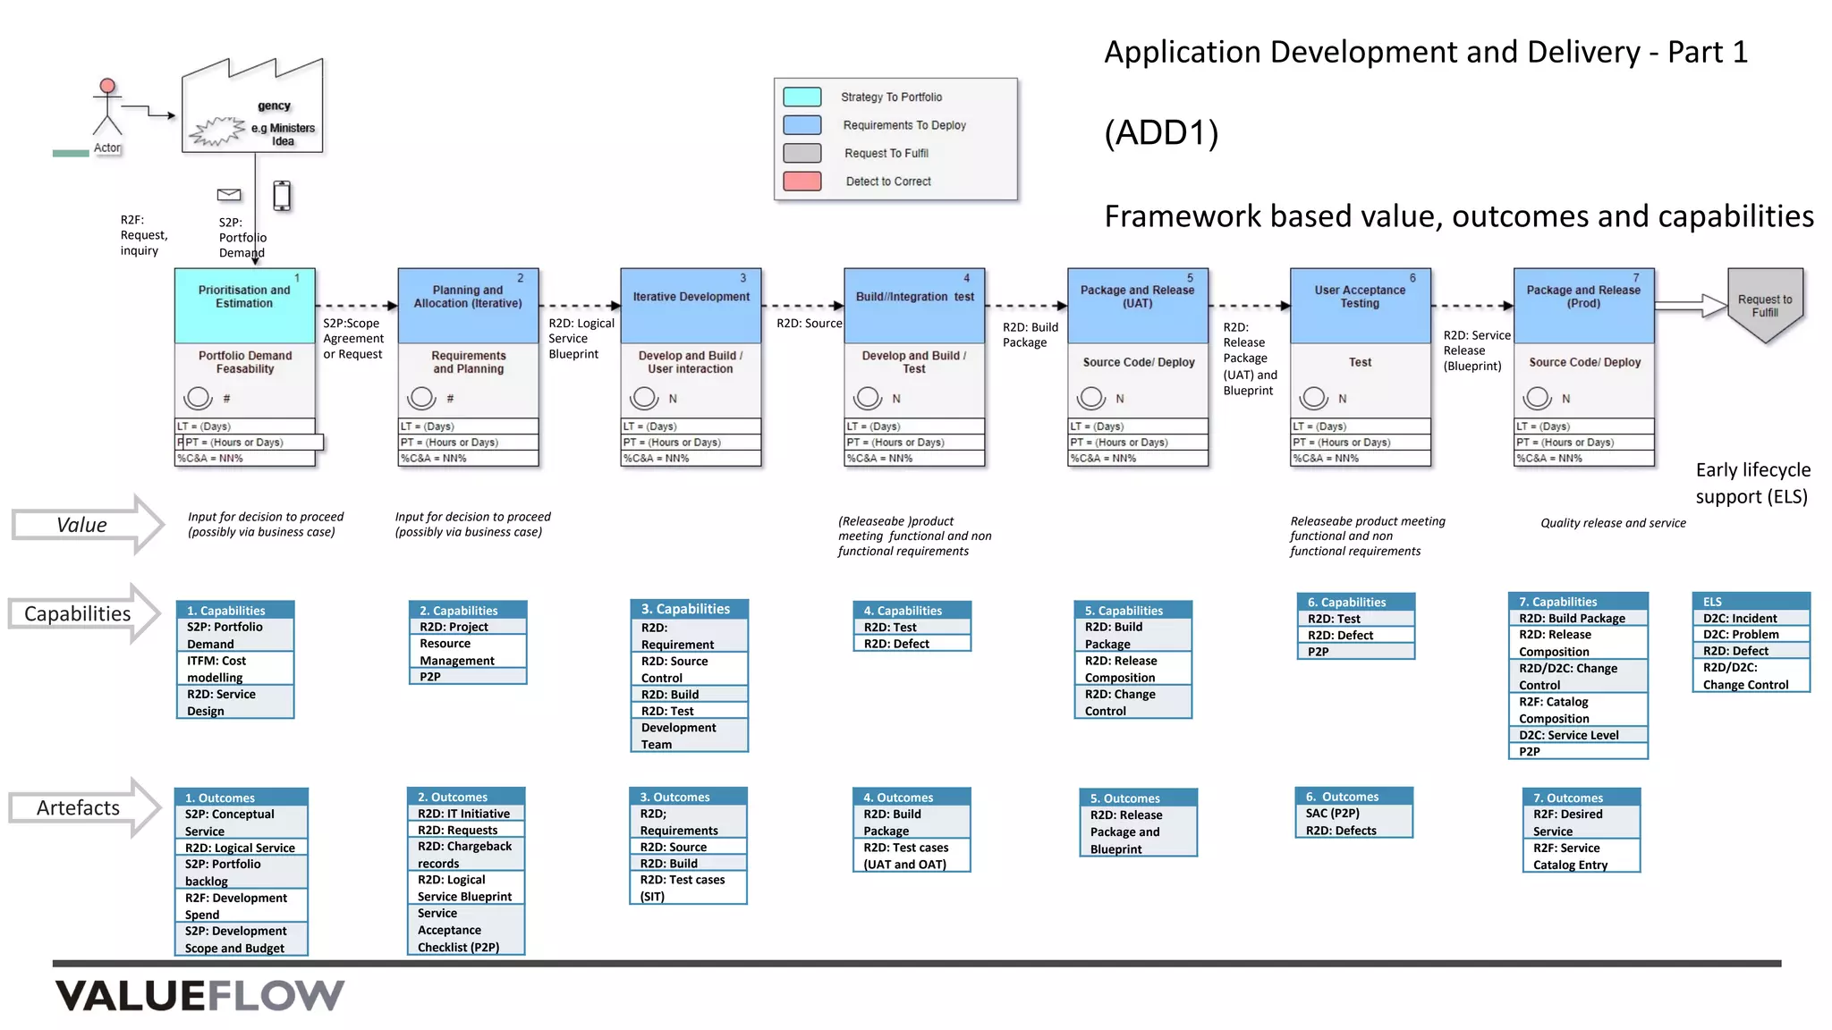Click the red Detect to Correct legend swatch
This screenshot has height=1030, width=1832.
coord(801,182)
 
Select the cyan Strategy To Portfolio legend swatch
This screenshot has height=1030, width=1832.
coord(801,97)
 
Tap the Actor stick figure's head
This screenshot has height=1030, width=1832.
coord(107,87)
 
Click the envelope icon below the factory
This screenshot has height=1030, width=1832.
coord(229,194)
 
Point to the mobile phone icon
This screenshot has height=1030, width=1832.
coord(282,195)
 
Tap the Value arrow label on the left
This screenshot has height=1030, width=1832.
coord(81,525)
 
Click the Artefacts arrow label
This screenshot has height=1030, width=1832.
coord(78,807)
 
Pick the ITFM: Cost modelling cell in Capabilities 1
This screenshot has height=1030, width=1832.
coord(235,669)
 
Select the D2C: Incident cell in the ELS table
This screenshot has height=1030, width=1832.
coord(1751,618)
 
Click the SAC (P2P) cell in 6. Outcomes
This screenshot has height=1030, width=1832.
coord(1353,814)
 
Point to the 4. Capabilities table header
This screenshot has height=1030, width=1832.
coord(912,610)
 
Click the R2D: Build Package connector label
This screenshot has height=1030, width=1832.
coord(1030,334)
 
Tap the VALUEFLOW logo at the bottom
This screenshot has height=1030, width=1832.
coord(199,995)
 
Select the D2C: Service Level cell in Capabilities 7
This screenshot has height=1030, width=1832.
coord(1577,735)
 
